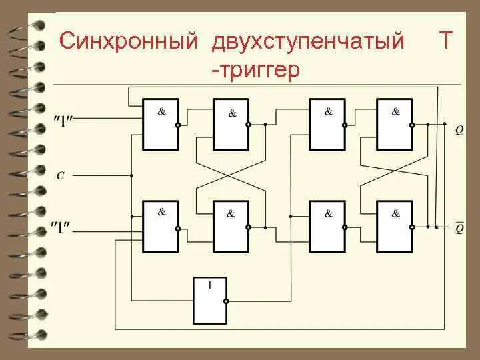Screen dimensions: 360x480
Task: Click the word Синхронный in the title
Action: (x=129, y=41)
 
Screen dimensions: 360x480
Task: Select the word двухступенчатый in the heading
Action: (x=309, y=41)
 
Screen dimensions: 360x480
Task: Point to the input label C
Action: (x=60, y=176)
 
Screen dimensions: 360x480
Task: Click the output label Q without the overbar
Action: (x=459, y=130)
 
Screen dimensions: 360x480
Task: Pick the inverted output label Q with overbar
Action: (x=459, y=229)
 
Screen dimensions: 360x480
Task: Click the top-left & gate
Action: (x=160, y=124)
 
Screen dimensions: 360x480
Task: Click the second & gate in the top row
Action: (x=231, y=124)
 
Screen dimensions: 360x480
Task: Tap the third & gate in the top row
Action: (x=327, y=124)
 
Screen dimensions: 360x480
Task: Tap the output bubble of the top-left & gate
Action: (x=179, y=125)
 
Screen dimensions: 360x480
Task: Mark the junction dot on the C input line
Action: (x=131, y=176)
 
